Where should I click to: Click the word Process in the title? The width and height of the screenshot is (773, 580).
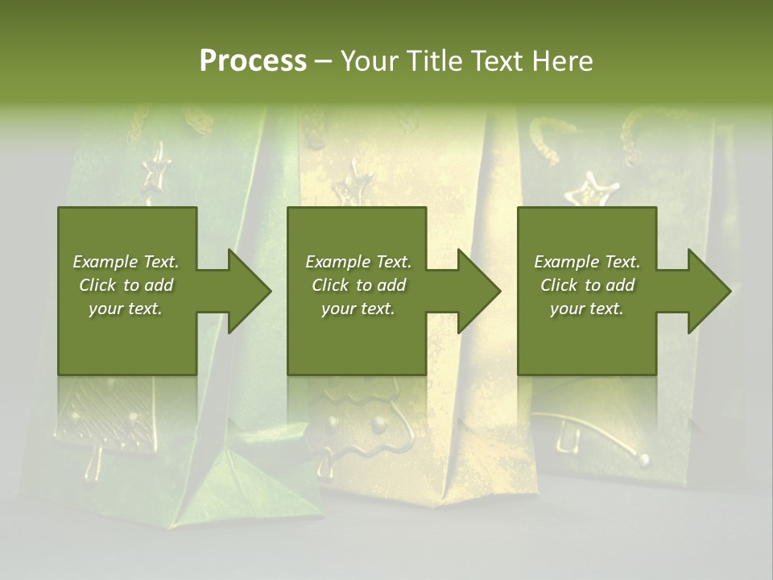[x=253, y=61]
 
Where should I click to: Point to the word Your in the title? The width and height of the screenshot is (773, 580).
[x=370, y=61]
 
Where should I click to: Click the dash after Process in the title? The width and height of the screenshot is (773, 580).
[x=323, y=62]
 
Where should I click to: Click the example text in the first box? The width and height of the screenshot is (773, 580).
[x=126, y=285]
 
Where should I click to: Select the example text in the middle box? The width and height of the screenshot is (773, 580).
[x=358, y=285]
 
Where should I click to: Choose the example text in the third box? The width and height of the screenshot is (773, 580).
[x=587, y=285]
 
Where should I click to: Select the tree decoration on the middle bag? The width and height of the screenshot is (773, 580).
[x=362, y=427]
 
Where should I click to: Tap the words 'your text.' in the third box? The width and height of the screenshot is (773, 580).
[x=587, y=309]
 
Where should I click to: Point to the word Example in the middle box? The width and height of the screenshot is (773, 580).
[x=336, y=262]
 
